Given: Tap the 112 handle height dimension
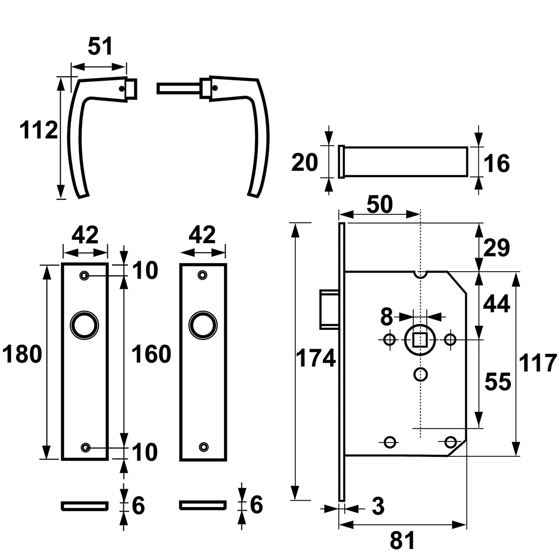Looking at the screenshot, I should [x=39, y=130].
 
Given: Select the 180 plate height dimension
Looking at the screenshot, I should [x=22, y=354].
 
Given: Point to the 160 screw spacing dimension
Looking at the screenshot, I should [x=151, y=354].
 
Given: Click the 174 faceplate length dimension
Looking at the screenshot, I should [x=316, y=358].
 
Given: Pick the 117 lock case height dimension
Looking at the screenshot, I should [x=537, y=364].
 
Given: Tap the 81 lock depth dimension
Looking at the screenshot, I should [x=402, y=540].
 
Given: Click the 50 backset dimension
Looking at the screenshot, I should [x=380, y=204].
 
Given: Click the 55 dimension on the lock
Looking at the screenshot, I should [x=497, y=382].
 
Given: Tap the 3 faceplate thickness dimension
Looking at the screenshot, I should [x=377, y=507].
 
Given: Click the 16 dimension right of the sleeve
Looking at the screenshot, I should [x=497, y=164].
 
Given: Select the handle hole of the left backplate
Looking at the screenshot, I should [x=84, y=325].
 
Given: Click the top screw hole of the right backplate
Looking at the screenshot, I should [x=203, y=275].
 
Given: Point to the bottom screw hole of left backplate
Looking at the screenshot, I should [x=86, y=447].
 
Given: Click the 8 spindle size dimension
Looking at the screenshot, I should [x=387, y=317].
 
